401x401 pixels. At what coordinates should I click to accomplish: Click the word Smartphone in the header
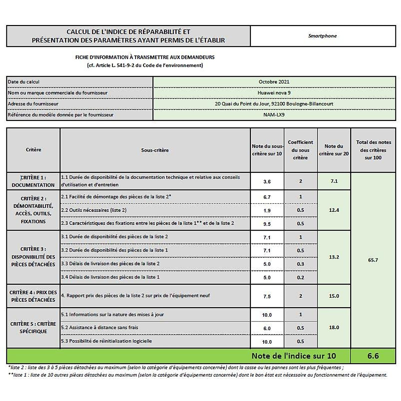pyautogui.click(x=322, y=36)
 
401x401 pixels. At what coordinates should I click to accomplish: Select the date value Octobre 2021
pyautogui.click(x=274, y=82)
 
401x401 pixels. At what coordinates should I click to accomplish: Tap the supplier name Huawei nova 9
pyautogui.click(x=274, y=93)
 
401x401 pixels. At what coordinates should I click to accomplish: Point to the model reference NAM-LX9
pyautogui.click(x=274, y=115)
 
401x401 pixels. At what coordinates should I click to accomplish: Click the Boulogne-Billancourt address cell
pyautogui.click(x=274, y=104)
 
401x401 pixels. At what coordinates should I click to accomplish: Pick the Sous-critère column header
pyautogui.click(x=155, y=150)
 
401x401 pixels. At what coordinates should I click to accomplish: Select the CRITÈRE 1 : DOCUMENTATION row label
pyautogui.click(x=33, y=181)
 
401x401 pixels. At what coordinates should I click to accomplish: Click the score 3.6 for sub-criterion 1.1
pyautogui.click(x=267, y=181)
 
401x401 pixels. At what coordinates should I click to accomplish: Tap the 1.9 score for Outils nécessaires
pyautogui.click(x=267, y=211)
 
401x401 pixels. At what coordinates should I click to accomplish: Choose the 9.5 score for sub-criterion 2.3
pyautogui.click(x=267, y=224)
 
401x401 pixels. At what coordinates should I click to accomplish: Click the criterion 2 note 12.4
pyautogui.click(x=334, y=210)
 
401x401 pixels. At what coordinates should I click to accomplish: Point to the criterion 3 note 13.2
pyautogui.click(x=334, y=257)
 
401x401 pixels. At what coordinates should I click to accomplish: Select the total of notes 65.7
pyautogui.click(x=373, y=260)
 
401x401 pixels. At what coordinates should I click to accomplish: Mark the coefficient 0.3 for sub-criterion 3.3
pyautogui.click(x=300, y=264)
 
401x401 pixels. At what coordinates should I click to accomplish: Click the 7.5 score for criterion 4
pyautogui.click(x=267, y=296)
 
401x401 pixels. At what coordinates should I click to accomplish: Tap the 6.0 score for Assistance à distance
pyautogui.click(x=267, y=328)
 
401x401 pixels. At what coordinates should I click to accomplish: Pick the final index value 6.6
pyautogui.click(x=373, y=356)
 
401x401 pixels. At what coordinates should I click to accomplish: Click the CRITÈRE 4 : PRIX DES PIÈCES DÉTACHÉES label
pyautogui.click(x=33, y=296)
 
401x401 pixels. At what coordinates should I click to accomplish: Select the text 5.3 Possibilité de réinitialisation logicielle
pyautogui.click(x=106, y=341)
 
